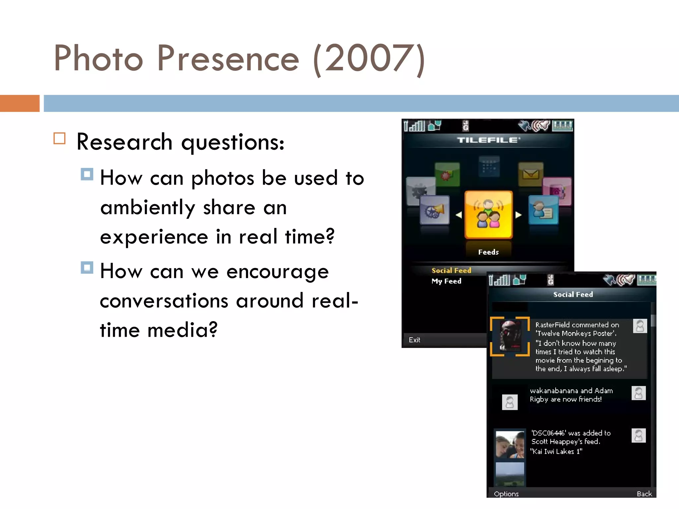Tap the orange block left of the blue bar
coord(20,103)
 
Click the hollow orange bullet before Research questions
coord(60,138)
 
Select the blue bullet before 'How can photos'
coord(87,174)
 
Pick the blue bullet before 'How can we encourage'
coord(87,267)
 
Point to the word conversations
coord(164,301)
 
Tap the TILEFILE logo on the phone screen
coord(488,140)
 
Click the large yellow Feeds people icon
coord(488,215)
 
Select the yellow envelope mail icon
coord(530,173)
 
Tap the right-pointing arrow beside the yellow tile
coord(519,215)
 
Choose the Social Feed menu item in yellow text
coord(451,270)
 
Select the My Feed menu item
coord(446,281)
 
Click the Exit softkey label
coord(414,340)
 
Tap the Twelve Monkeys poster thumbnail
coord(510,336)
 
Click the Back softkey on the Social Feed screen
coord(644,494)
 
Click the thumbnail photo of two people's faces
coord(510,444)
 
